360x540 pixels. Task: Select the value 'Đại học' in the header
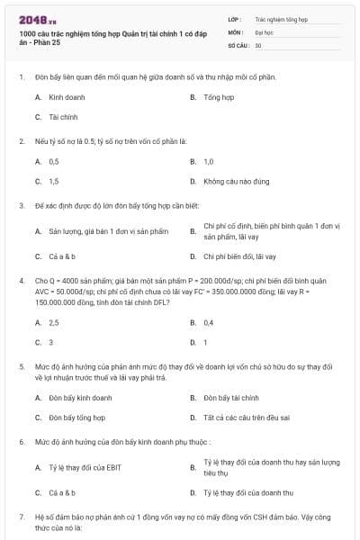pyautogui.click(x=265, y=31)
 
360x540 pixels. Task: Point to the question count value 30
pyautogui.click(x=258, y=44)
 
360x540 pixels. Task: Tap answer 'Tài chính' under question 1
pyautogui.click(x=63, y=117)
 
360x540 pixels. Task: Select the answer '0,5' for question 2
pyautogui.click(x=54, y=161)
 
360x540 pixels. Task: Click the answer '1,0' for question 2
pyautogui.click(x=209, y=161)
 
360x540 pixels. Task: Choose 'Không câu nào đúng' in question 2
pyautogui.click(x=236, y=181)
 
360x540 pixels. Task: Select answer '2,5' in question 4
pyautogui.click(x=54, y=322)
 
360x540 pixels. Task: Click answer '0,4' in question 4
pyautogui.click(x=209, y=322)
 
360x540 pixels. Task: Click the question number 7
pyautogui.click(x=21, y=518)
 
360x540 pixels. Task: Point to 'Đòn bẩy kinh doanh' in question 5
pyautogui.click(x=81, y=398)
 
